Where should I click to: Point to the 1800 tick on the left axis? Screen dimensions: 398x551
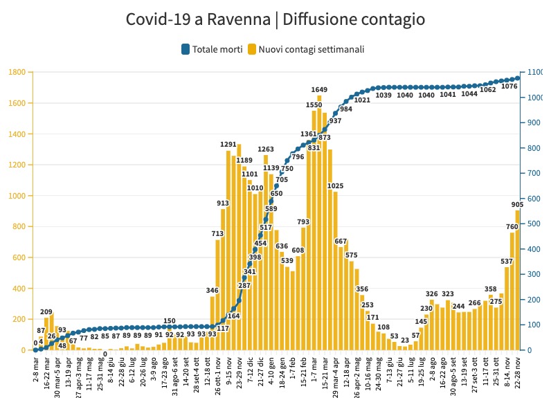pos(17,72)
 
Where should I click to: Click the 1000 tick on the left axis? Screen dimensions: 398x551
pos(17,196)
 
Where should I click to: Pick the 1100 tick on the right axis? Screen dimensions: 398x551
pos(535,72)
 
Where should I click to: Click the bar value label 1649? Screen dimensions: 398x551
pos(319,90)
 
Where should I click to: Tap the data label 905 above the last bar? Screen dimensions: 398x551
pos(516,204)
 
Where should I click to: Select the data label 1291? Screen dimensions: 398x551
pos(228,145)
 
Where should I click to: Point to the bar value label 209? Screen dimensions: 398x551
pos(47,312)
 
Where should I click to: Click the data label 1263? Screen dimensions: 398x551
pos(267,149)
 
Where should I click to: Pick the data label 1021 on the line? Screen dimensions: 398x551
pos(362,100)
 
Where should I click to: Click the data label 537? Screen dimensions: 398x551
pos(507,262)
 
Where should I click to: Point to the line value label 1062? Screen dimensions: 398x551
pos(488,89)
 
